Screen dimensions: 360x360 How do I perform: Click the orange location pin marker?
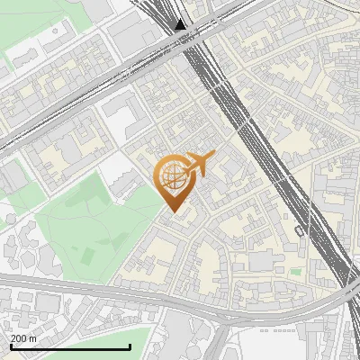click(175, 180)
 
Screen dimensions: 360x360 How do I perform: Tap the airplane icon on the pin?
click(200, 163)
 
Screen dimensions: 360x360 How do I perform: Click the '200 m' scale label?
click(23, 338)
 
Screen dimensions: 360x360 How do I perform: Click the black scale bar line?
click(70, 347)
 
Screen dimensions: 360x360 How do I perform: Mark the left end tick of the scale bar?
click(11, 346)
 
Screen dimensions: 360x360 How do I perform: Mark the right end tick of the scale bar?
click(130, 346)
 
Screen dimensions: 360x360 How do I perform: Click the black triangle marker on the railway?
click(181, 24)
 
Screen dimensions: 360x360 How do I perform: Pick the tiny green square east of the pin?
click(294, 270)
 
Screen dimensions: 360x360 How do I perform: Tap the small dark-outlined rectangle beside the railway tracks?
click(298, 230)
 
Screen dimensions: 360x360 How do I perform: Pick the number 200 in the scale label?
click(18, 338)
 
